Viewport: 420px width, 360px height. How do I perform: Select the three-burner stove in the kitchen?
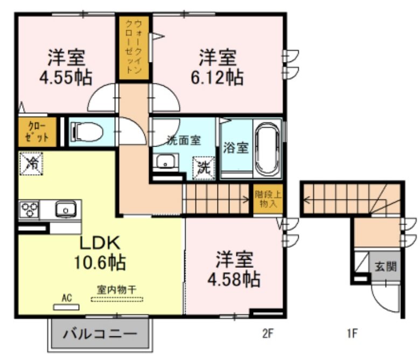click(29, 209)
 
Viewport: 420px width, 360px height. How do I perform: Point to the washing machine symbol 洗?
click(205, 168)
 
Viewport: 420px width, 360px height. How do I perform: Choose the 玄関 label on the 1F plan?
click(386, 266)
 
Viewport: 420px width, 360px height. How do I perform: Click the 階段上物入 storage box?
click(268, 199)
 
